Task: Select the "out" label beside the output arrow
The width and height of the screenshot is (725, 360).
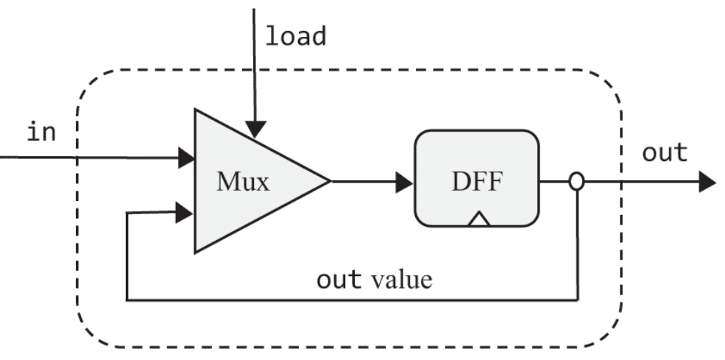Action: click(x=665, y=153)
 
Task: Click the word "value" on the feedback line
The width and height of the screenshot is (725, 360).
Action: click(x=402, y=280)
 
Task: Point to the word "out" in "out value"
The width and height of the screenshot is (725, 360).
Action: click(x=339, y=280)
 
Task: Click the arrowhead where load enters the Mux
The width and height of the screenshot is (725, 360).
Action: click(x=254, y=130)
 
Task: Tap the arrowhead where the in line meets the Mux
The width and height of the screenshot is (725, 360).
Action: click(x=186, y=157)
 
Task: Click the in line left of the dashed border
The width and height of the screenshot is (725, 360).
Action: click(x=37, y=157)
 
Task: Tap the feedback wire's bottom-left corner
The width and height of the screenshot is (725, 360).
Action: click(x=128, y=300)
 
